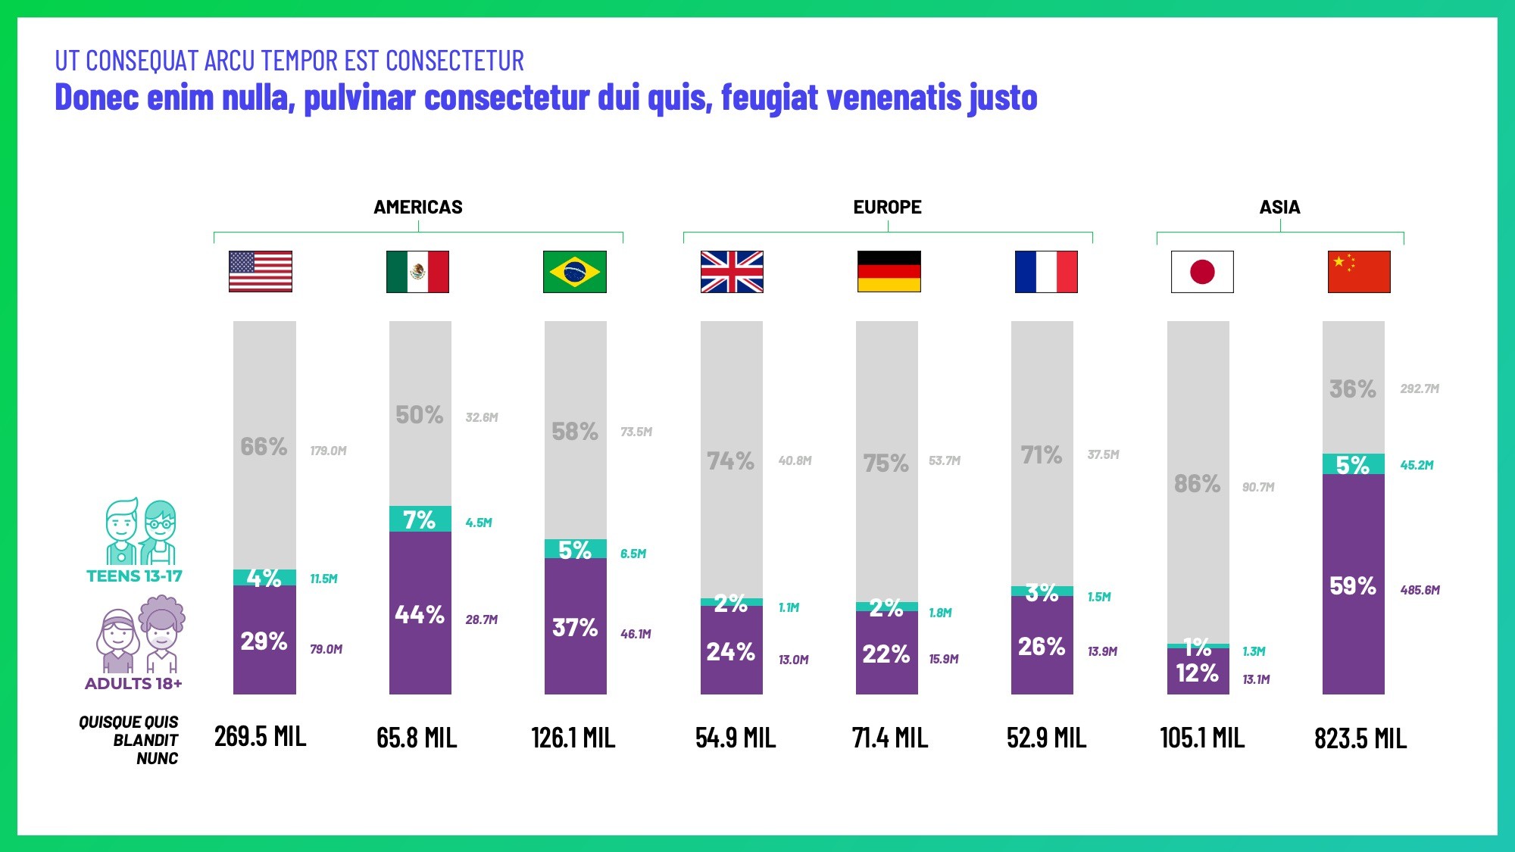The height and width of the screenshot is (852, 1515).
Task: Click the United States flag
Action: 261,272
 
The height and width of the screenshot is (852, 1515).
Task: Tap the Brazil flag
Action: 574,272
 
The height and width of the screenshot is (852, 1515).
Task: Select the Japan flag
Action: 1202,272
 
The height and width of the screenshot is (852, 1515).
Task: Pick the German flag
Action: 889,272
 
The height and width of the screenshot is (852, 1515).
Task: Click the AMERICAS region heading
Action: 417,208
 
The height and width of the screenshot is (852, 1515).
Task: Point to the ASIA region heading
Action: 1279,208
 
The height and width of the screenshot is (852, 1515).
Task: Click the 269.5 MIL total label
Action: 260,737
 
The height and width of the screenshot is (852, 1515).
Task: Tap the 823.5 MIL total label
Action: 1360,738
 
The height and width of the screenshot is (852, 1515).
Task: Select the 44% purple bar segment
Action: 420,613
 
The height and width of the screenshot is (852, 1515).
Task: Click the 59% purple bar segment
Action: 1353,585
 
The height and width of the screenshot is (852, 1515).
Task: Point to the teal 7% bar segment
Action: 420,520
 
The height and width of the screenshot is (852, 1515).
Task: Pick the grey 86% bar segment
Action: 1198,482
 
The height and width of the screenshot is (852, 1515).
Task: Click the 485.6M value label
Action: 1420,590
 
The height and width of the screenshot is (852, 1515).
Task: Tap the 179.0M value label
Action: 328,451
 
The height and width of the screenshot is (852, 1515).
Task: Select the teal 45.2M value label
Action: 1417,465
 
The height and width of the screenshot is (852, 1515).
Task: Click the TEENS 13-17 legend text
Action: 134,576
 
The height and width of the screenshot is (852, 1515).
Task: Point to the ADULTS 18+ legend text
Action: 133,684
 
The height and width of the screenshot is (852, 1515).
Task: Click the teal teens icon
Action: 140,532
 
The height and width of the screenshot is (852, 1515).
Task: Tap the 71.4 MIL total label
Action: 889,738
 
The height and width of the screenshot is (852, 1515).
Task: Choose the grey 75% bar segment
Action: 886,463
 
